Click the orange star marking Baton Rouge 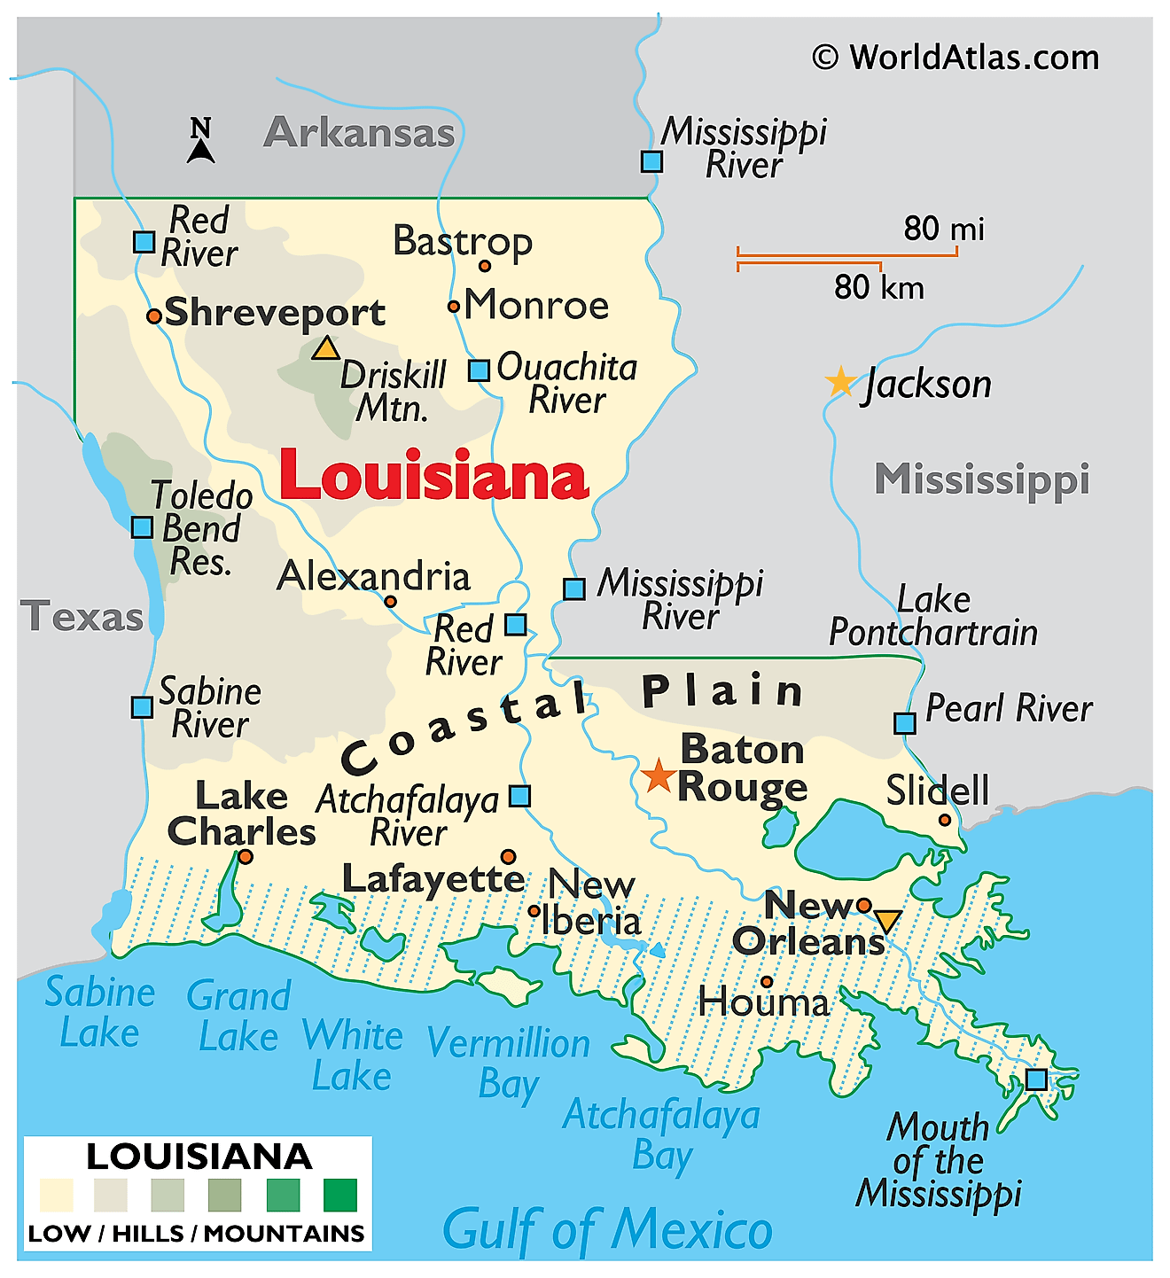658,775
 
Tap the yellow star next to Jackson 839,382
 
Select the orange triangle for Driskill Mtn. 325,348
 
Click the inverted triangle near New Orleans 886,921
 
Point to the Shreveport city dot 153,316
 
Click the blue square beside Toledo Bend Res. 142,527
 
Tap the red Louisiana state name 433,476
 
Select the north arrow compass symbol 201,142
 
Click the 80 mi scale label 943,229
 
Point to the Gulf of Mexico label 607,1230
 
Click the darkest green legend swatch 340,1195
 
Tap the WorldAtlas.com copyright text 955,58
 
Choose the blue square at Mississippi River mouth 1036,1079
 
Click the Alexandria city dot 390,601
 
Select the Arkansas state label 359,133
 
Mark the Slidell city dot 945,820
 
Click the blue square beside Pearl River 904,723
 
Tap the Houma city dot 767,981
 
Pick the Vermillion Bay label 509,1063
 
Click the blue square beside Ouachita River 479,370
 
